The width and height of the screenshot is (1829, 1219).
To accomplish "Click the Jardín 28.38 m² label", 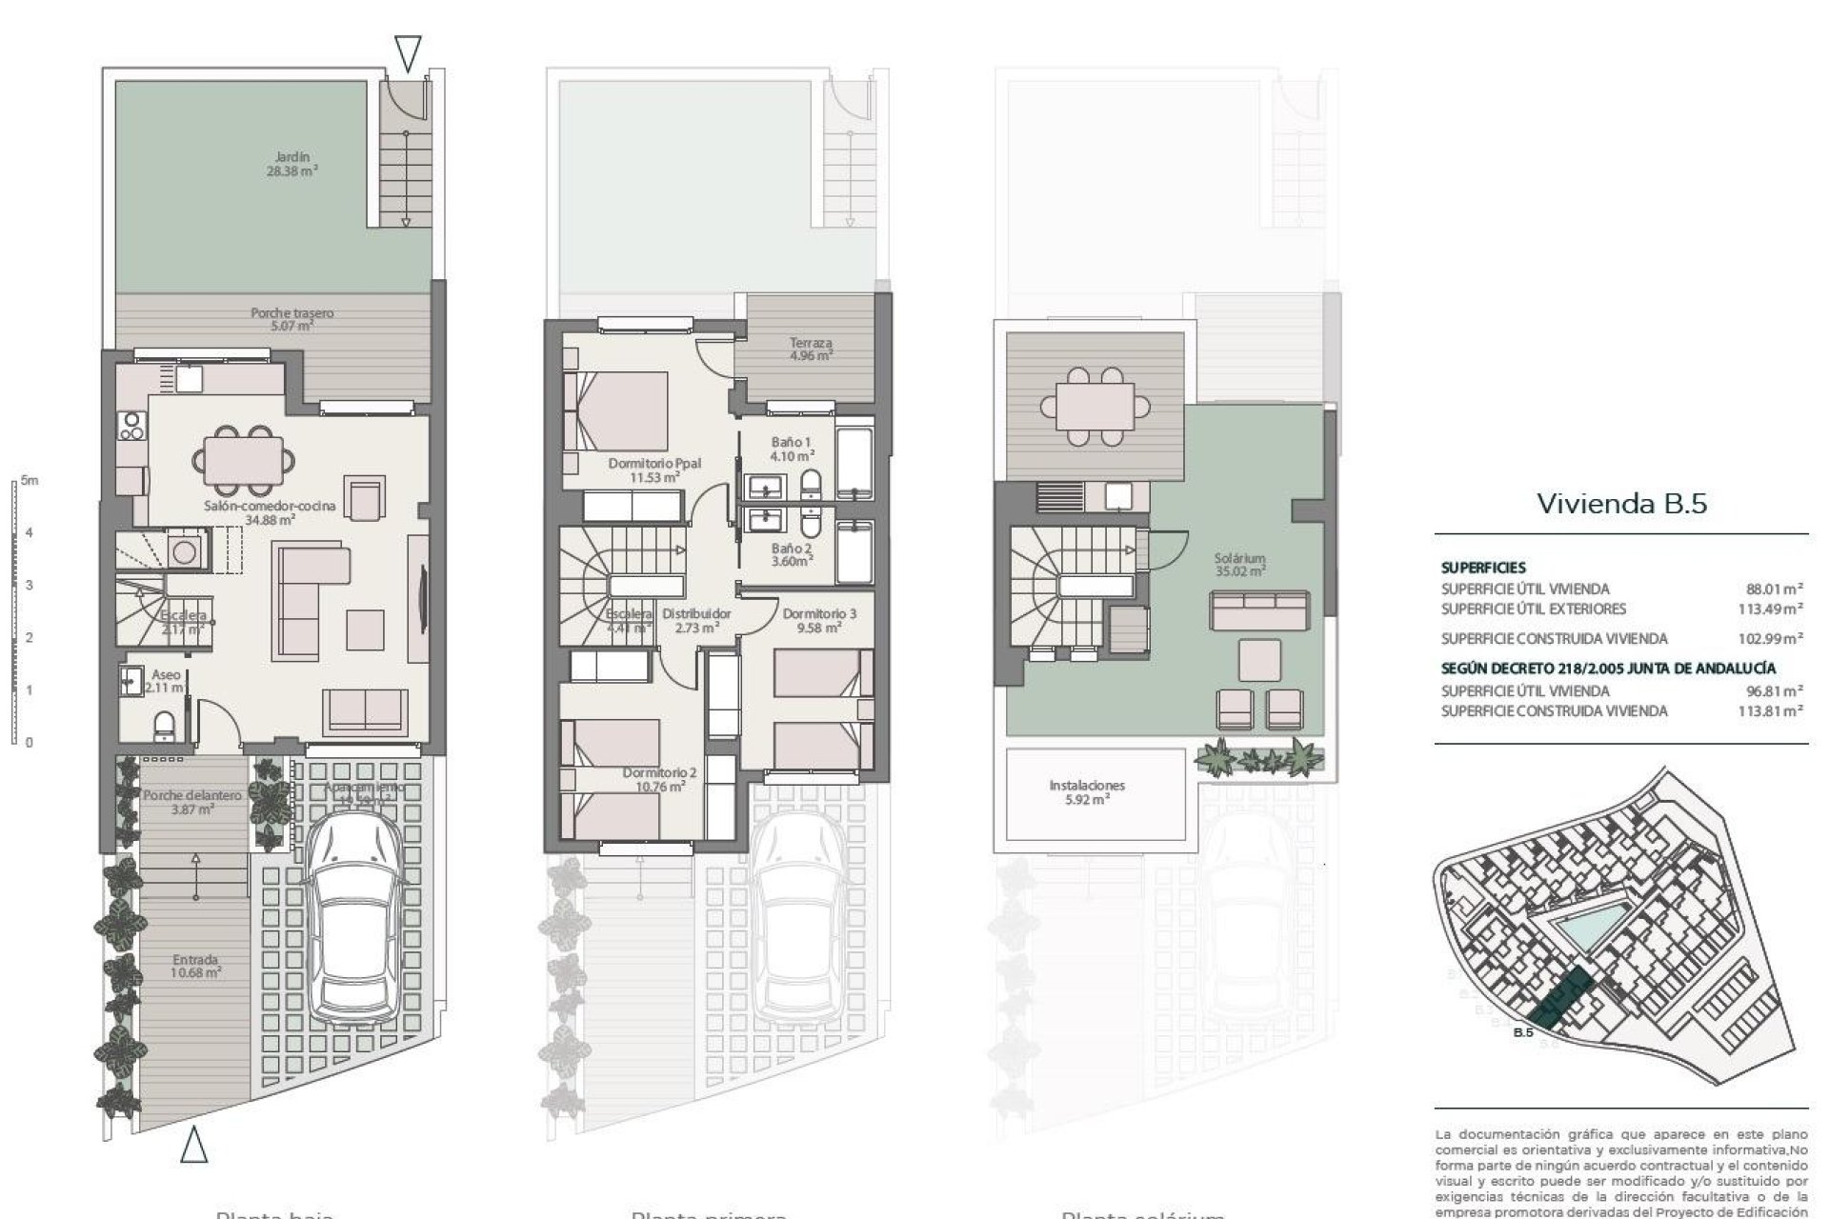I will coord(292,165).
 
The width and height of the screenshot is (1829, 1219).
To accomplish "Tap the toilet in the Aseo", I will coord(164,726).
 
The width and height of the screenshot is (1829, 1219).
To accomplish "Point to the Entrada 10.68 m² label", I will coord(196,966).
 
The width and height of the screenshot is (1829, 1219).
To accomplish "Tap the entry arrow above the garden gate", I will coord(408,54).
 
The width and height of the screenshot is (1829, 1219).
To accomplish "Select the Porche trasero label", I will coord(292,318).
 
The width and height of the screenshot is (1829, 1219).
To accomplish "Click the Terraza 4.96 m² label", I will coord(811,349).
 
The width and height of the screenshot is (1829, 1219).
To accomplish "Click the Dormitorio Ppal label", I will coord(654,470).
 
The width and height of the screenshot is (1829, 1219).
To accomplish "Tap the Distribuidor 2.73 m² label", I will coord(696,620).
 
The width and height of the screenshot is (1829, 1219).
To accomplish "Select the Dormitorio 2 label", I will coord(659,779).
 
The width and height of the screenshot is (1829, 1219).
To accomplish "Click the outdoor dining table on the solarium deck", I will coord(1094,407).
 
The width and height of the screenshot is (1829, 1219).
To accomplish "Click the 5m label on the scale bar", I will coord(30,481).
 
